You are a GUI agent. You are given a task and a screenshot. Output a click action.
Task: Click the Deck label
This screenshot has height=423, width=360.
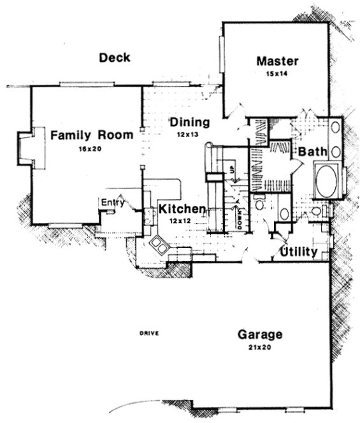coord(115,58)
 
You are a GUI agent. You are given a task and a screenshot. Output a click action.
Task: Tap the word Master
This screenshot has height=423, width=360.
coord(277,61)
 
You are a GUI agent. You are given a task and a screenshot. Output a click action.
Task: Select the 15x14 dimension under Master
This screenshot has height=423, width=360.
coord(278,74)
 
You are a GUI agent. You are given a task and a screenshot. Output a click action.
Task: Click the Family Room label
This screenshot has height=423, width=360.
coord(92,135)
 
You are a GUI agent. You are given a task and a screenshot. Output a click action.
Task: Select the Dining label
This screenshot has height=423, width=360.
coord(189,122)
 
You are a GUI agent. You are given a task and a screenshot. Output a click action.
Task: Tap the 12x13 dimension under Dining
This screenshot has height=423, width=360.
coord(189,135)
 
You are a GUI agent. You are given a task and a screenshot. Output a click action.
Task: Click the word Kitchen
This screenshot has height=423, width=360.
coord(182,209)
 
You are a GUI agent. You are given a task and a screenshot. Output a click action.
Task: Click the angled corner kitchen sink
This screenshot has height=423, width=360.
coord(159,245)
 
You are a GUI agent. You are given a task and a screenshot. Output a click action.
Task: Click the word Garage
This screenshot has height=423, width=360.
coord(260,334)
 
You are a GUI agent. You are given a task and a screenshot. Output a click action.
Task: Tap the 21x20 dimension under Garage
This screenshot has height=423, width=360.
coord(260,348)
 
